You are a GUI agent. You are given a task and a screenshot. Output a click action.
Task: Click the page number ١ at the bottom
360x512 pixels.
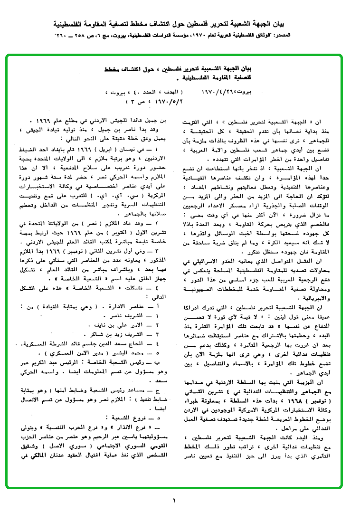click(174, 500)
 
